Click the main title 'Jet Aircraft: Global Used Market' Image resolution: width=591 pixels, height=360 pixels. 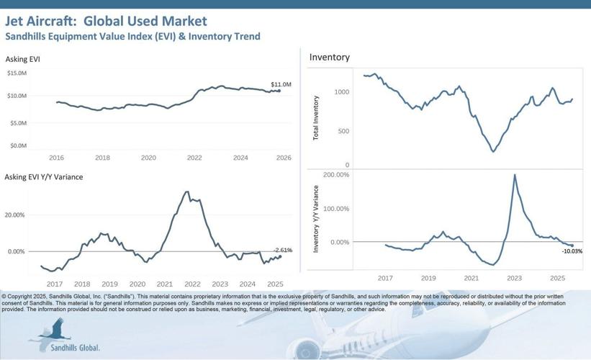coord(106,21)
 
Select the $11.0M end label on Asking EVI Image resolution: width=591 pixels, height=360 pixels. coord(281,85)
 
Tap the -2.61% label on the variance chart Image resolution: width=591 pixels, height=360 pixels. coord(282,250)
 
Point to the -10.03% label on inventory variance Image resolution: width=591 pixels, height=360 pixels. coord(572,251)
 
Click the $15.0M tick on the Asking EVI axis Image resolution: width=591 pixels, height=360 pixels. coord(17,73)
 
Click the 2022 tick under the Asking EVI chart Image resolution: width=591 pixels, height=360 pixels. coord(194,157)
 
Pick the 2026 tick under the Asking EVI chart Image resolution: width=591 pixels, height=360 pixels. coord(283,157)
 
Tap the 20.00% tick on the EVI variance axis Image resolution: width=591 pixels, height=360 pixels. coord(15,215)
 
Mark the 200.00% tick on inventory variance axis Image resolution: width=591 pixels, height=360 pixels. coord(336,175)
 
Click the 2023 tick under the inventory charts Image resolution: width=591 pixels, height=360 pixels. coord(514,277)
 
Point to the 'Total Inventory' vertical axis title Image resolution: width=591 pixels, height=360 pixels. coord(317,117)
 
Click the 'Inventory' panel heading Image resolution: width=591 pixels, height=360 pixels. coord(329,57)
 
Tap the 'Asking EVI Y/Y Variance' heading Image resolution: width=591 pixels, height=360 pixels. coord(43,176)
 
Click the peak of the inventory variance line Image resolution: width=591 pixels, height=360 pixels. coord(515,175)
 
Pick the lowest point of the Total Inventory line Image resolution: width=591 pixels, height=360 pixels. coord(493,151)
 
